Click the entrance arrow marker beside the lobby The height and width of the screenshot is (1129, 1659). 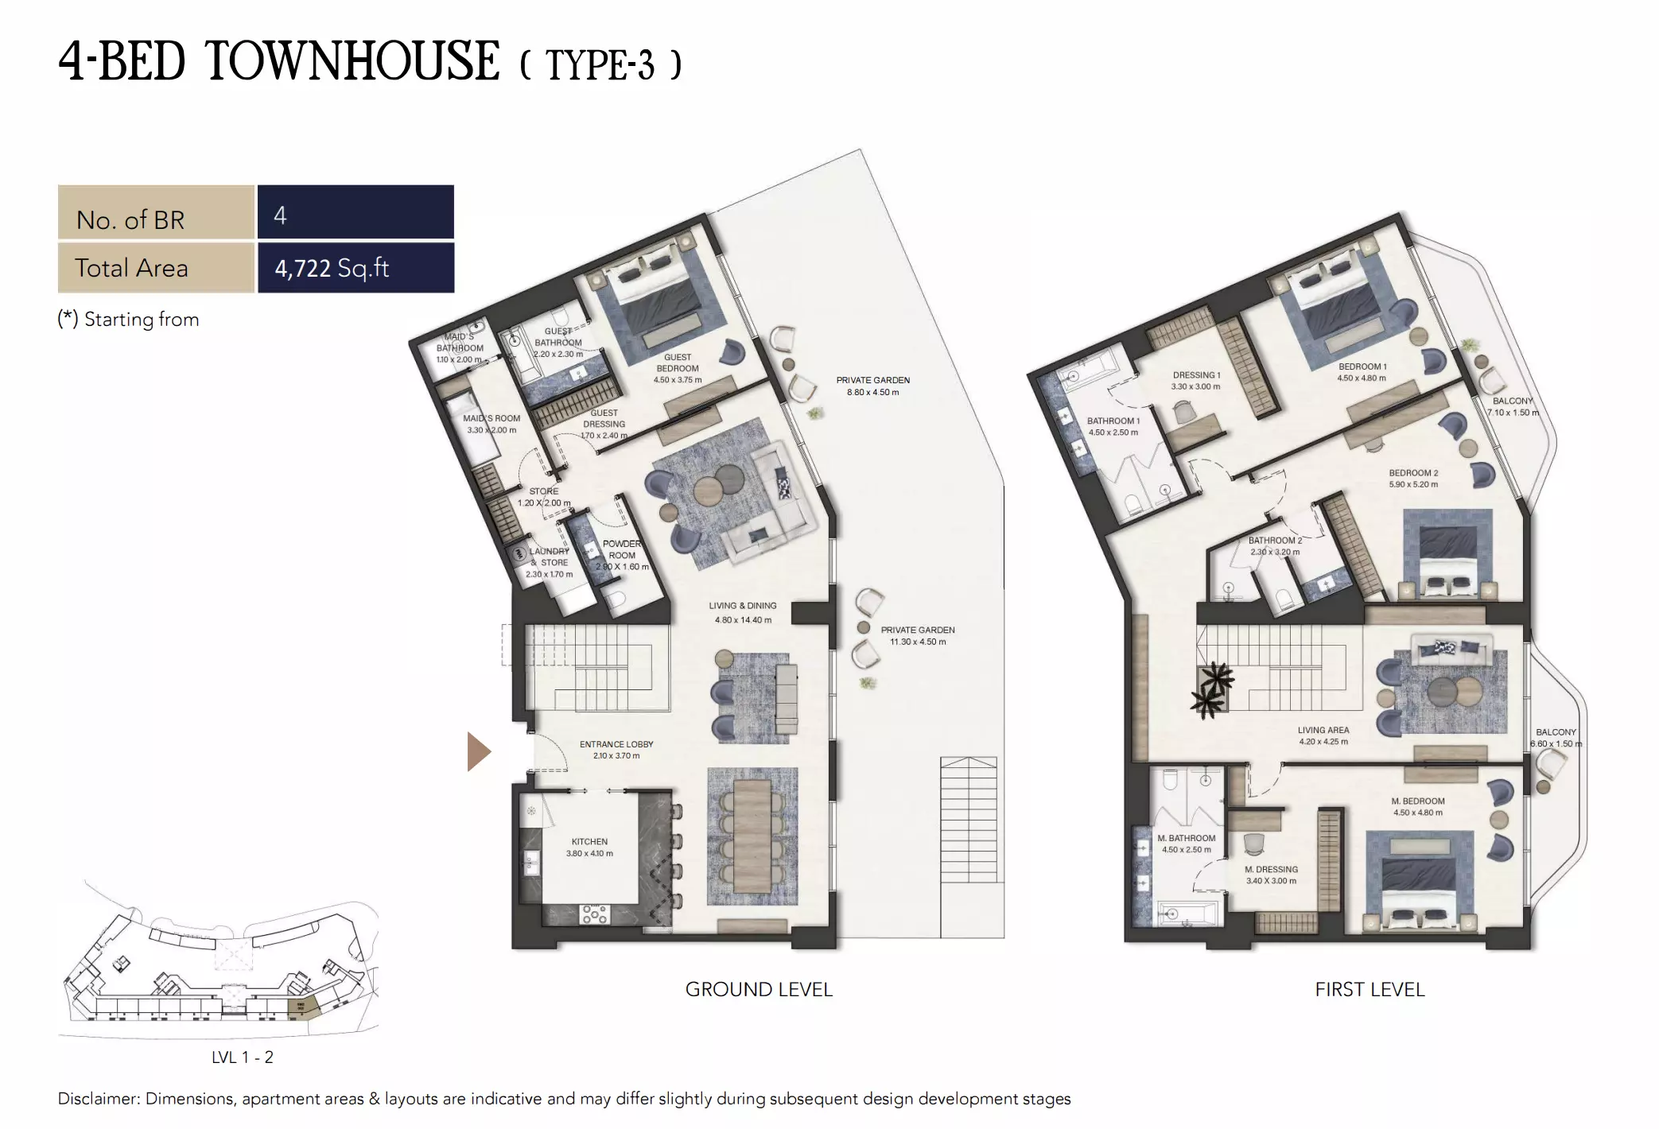coord(478,752)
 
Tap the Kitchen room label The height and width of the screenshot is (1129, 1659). coord(589,842)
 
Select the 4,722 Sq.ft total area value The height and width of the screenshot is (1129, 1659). coord(332,268)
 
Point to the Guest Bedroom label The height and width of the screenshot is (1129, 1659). coord(678,363)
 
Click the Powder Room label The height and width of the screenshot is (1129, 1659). coord(622,550)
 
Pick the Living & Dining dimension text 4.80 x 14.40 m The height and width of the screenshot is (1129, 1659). coord(743,620)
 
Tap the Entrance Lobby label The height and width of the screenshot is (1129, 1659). coord(616,745)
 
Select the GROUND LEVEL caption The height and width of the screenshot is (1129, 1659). coord(759,990)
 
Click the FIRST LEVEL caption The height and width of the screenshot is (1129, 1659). coord(1370,990)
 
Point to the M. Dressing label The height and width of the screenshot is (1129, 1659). coord(1271,870)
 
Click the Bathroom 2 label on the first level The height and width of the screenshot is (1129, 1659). coord(1275,541)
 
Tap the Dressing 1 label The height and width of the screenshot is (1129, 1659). coord(1196,375)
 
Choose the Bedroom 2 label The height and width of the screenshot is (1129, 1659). coord(1413,473)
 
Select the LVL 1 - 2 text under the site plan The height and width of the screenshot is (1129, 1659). coord(243,1057)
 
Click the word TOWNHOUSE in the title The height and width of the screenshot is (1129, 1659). coord(352,62)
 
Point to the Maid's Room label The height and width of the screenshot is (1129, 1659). coord(491,418)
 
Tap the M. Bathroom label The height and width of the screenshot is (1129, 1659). coord(1187,838)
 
